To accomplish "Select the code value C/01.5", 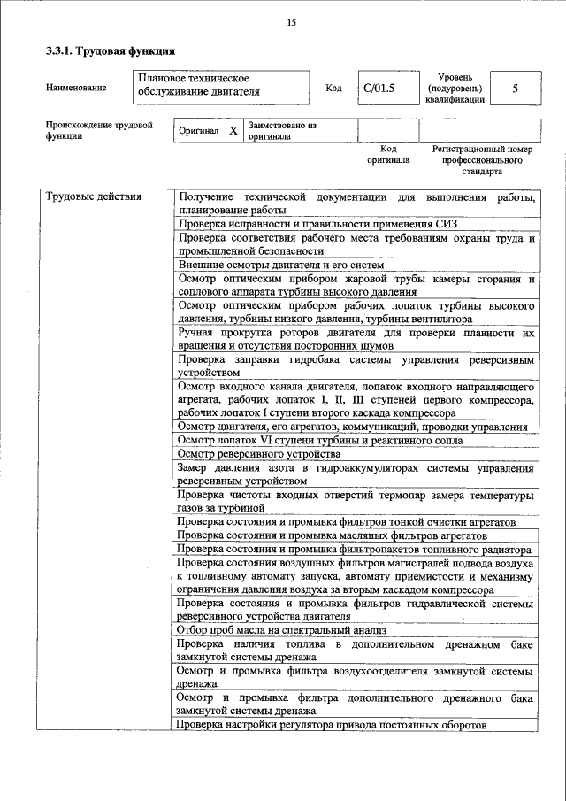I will click(379, 88).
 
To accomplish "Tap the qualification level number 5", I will click(515, 88).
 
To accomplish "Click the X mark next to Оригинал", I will click(233, 131).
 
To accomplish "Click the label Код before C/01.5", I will click(333, 88).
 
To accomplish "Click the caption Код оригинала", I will click(388, 155).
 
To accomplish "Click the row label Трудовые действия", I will click(94, 196).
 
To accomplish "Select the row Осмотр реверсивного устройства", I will click(254, 454).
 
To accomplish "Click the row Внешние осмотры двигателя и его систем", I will click(280, 265).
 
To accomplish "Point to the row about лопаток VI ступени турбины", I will click(319, 440).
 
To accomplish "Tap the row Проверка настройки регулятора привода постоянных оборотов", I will click(332, 726).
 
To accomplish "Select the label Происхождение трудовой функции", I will click(99, 131).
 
